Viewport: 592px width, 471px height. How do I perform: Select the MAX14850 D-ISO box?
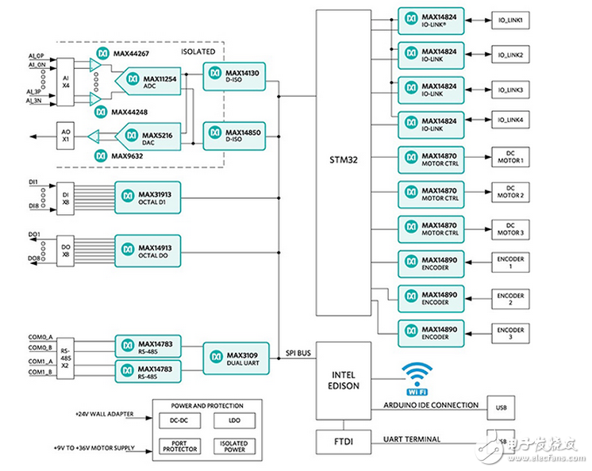pos(236,136)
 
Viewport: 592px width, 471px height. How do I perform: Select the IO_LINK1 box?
pos(510,20)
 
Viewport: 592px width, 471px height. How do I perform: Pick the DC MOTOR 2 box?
pos(510,191)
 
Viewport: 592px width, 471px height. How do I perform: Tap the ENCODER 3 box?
pos(510,331)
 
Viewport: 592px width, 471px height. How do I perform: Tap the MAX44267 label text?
pos(131,55)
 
